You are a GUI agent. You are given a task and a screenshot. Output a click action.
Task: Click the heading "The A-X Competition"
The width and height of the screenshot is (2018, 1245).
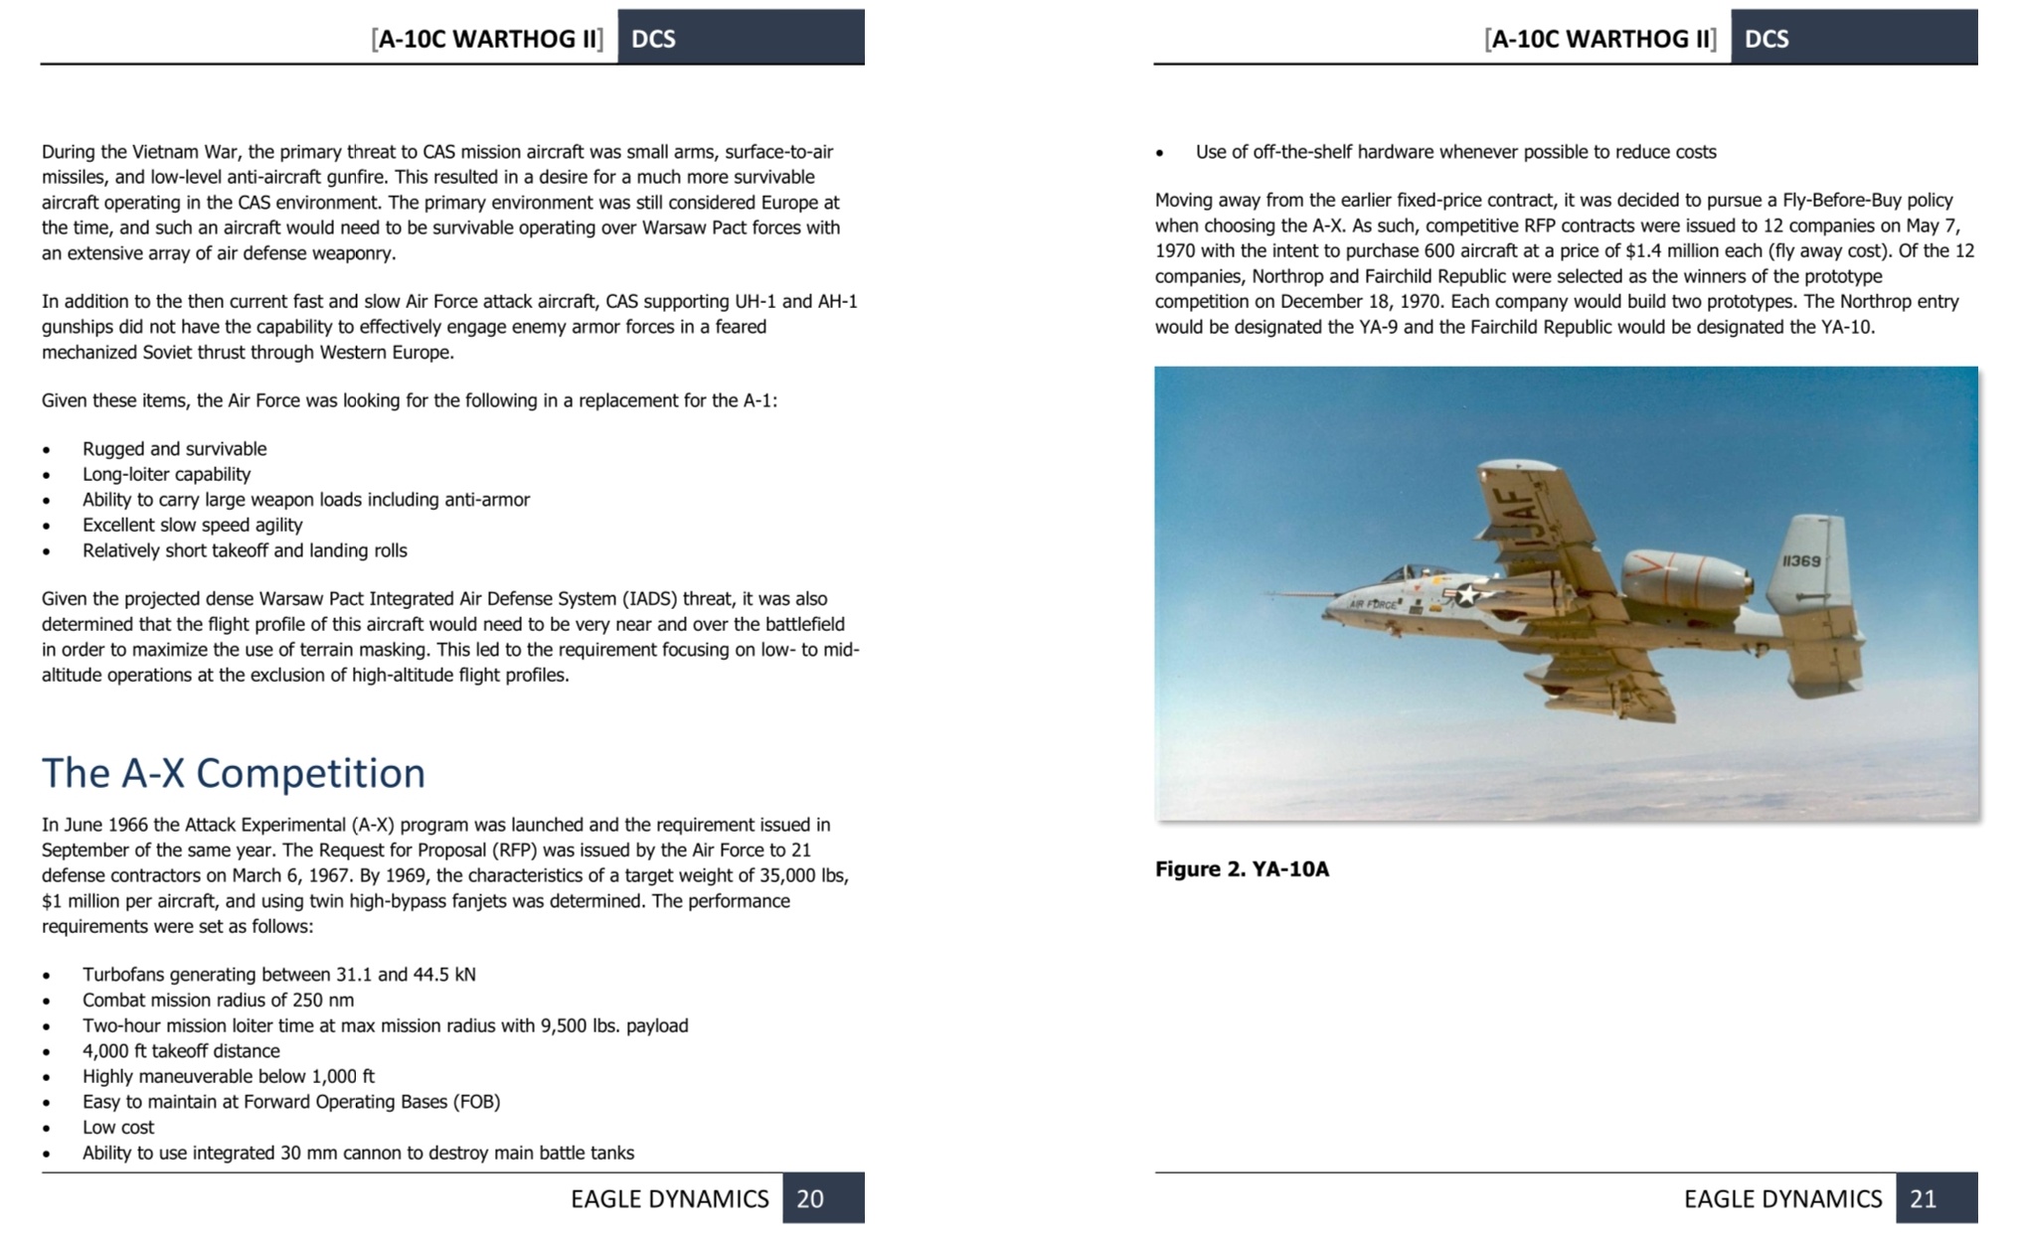coord(234,773)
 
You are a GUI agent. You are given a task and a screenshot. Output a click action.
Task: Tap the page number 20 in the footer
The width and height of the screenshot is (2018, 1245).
coord(810,1198)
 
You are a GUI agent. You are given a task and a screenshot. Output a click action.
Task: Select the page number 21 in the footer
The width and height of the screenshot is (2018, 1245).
coord(1923,1198)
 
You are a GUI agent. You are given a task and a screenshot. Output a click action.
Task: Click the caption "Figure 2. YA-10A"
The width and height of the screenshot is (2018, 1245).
coord(1242,869)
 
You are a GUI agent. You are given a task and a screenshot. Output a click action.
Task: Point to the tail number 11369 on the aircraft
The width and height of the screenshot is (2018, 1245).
coord(1801,561)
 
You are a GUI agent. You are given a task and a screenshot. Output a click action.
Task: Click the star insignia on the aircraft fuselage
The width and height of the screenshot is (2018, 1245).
coord(1466,595)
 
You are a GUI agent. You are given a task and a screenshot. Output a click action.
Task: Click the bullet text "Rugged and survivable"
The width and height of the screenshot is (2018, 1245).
coord(174,449)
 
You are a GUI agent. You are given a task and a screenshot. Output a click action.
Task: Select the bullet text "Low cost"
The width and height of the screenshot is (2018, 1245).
coord(118,1127)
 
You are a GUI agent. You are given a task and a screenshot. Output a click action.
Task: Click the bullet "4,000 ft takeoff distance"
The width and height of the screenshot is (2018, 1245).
coord(181,1051)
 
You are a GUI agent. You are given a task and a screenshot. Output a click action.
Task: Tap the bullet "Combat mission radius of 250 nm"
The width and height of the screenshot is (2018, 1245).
coord(218,1000)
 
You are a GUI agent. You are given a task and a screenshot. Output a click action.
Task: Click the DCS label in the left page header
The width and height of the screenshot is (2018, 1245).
coord(653,39)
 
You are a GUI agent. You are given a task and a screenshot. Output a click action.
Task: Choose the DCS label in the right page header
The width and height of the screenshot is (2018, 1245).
coord(1766,39)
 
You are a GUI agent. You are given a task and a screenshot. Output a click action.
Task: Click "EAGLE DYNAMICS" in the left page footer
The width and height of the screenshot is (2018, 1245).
coord(669,1198)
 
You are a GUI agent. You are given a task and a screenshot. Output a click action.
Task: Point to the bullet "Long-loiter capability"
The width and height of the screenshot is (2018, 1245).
coord(166,474)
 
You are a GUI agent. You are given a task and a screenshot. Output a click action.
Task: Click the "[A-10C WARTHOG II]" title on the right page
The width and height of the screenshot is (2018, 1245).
coord(1600,39)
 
